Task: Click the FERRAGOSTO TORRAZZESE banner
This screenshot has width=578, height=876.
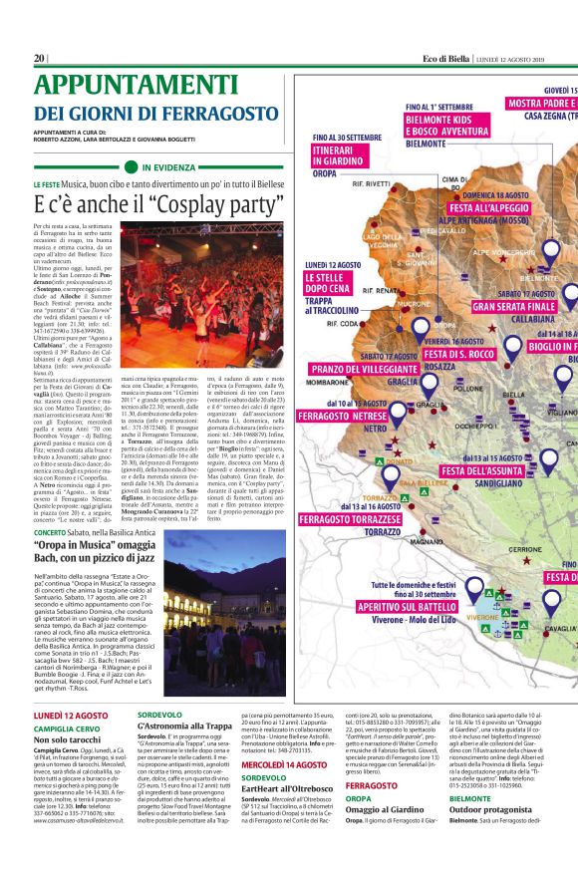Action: [x=353, y=519]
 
